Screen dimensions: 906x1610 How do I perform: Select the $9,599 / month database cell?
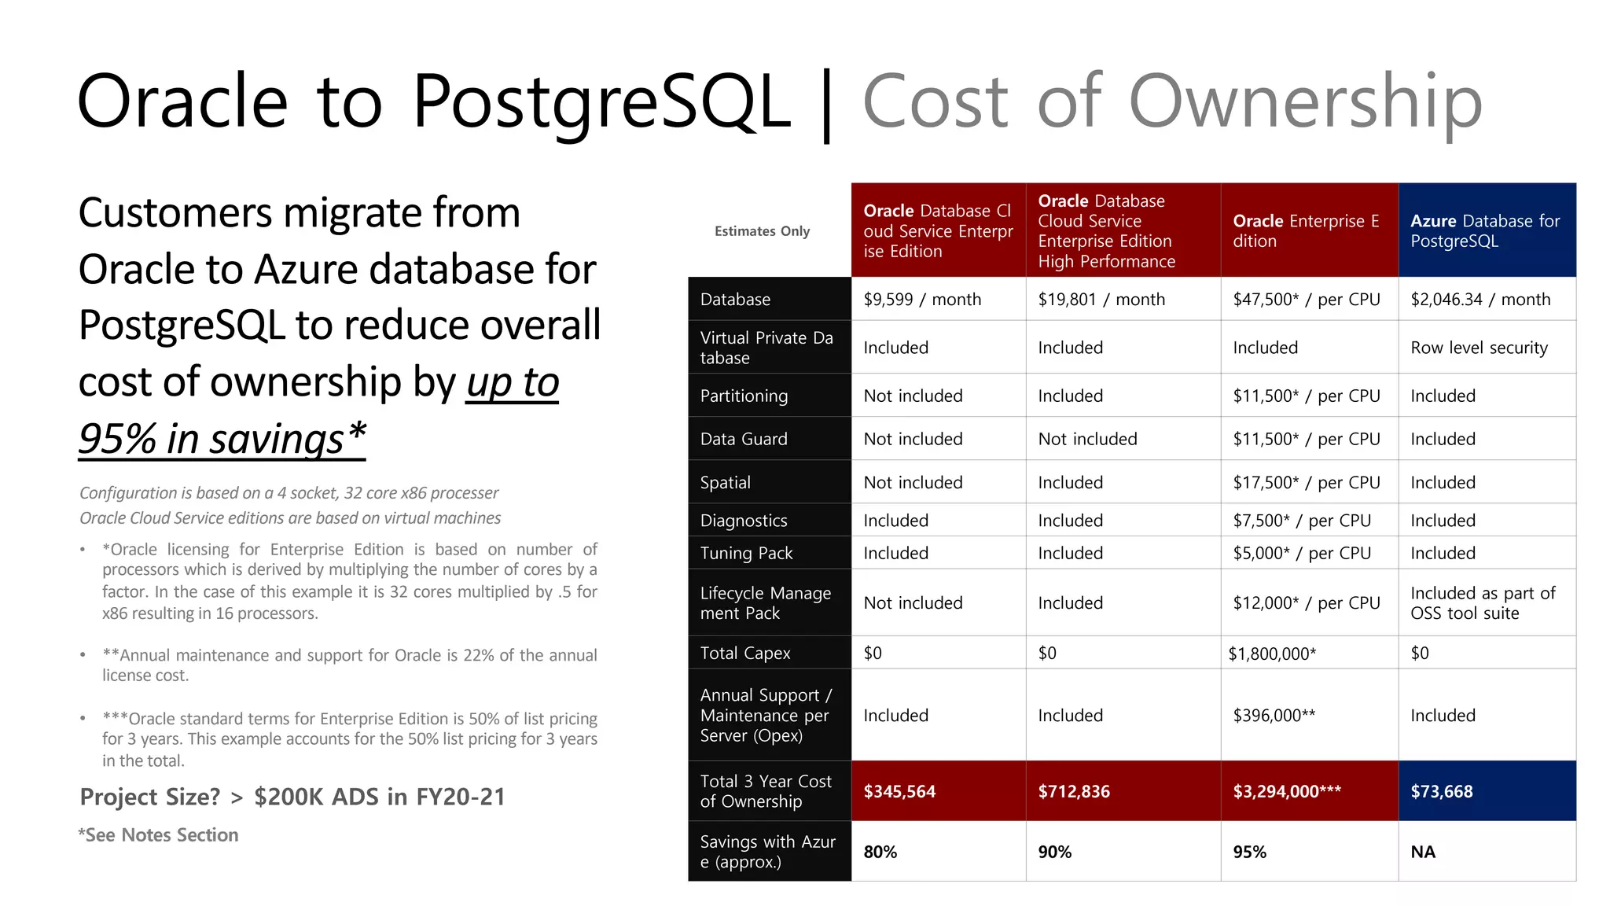point(922,300)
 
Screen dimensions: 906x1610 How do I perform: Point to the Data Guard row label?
point(744,439)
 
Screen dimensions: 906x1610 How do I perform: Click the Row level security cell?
point(1479,348)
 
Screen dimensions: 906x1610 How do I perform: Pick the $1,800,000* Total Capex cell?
point(1272,653)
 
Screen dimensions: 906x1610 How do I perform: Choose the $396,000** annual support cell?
point(1274,715)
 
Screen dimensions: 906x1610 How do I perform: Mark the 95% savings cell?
point(1250,852)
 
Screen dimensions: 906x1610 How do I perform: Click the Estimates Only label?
point(762,231)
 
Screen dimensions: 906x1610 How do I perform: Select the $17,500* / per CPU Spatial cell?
point(1306,482)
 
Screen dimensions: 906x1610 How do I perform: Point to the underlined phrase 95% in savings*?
point(222,438)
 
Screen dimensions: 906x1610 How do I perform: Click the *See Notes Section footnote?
point(158,835)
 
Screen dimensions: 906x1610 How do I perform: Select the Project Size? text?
point(150,797)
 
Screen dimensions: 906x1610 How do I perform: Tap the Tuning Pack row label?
point(746,553)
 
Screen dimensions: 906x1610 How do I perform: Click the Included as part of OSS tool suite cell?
point(1483,603)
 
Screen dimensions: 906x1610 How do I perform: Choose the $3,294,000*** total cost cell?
point(1287,791)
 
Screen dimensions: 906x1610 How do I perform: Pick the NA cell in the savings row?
point(1423,852)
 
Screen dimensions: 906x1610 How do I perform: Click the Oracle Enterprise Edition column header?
point(1306,230)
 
